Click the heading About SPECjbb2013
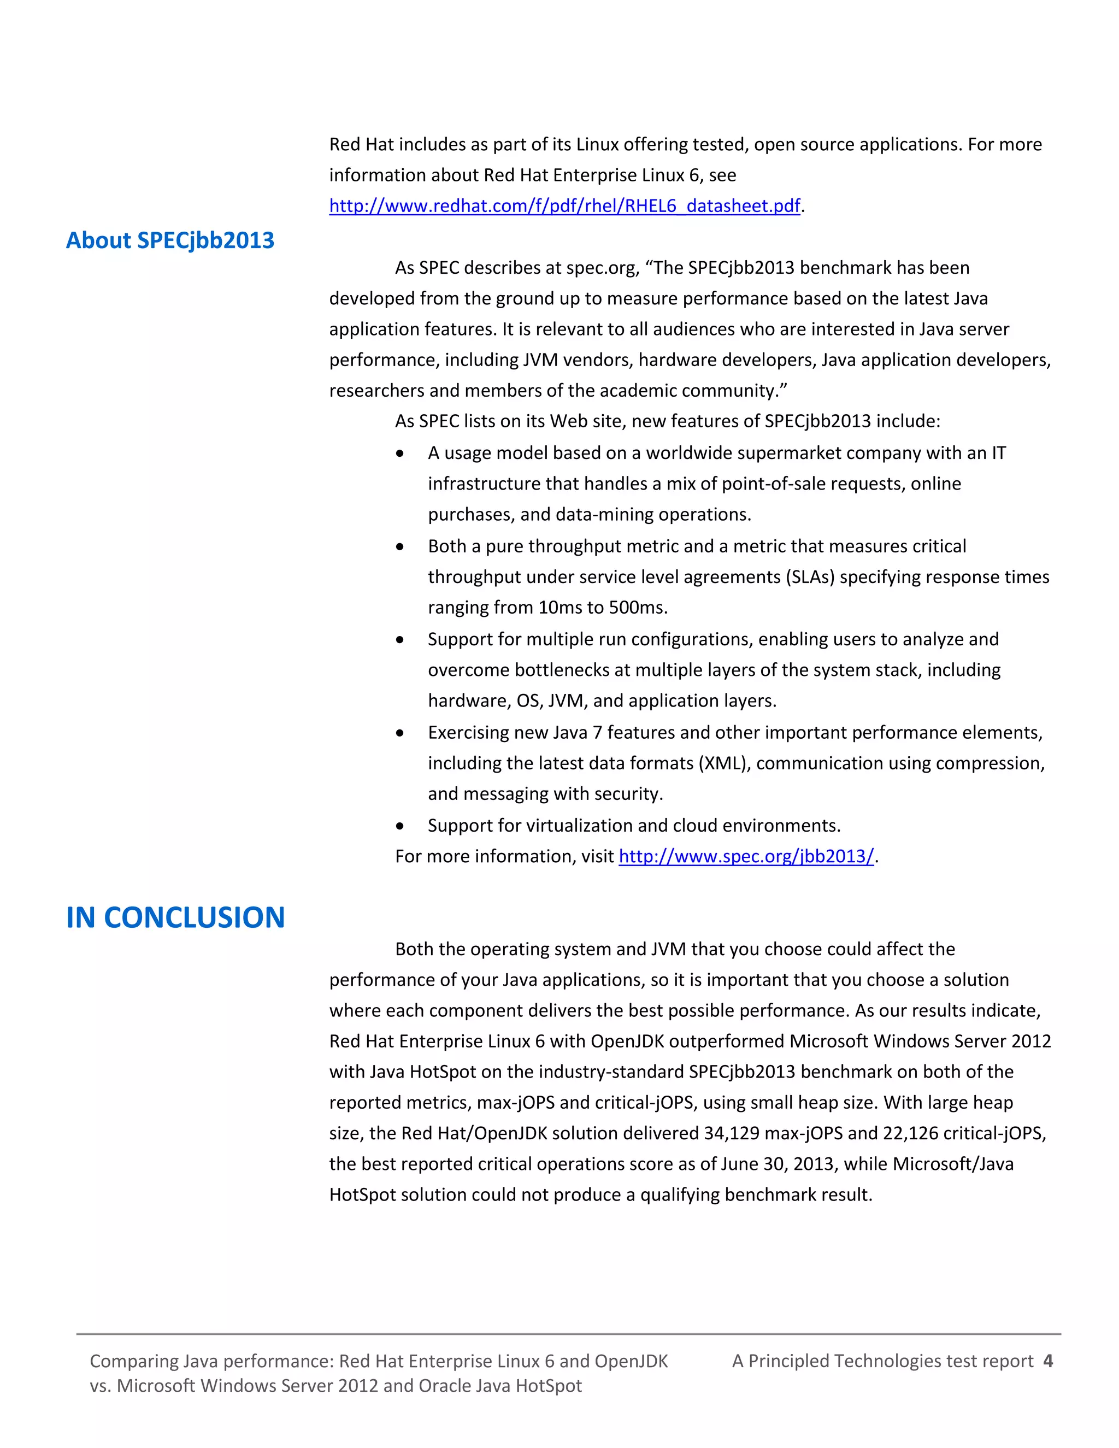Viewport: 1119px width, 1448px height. tap(170, 240)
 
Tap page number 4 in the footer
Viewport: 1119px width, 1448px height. tap(1047, 1361)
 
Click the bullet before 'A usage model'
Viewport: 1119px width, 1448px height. tap(400, 454)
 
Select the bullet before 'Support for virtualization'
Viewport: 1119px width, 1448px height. tap(400, 826)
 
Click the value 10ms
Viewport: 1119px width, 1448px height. tap(562, 607)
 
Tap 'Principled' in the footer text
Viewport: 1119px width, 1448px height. tap(787, 1361)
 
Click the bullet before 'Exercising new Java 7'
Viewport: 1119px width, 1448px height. tap(400, 733)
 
